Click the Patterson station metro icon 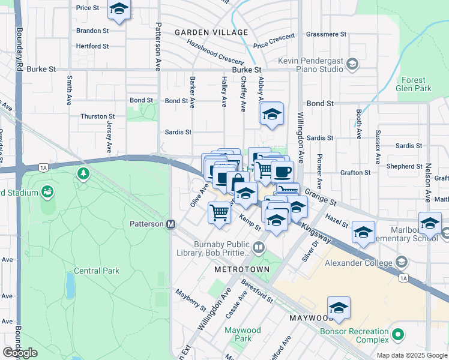pyautogui.click(x=170, y=224)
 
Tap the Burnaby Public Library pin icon pyautogui.click(x=258, y=247)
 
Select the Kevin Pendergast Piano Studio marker pyautogui.click(x=352, y=64)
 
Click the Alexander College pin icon pyautogui.click(x=401, y=262)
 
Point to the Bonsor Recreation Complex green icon pyautogui.click(x=396, y=333)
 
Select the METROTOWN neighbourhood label pyautogui.click(x=242, y=269)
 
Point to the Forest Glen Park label pyautogui.click(x=414, y=84)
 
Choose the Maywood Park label pyautogui.click(x=243, y=334)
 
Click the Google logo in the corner pyautogui.click(x=20, y=353)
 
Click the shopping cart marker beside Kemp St pyautogui.click(x=220, y=212)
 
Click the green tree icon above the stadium pyautogui.click(x=83, y=174)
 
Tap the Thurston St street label pyautogui.click(x=97, y=116)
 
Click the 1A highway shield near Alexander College pyautogui.click(x=404, y=278)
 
